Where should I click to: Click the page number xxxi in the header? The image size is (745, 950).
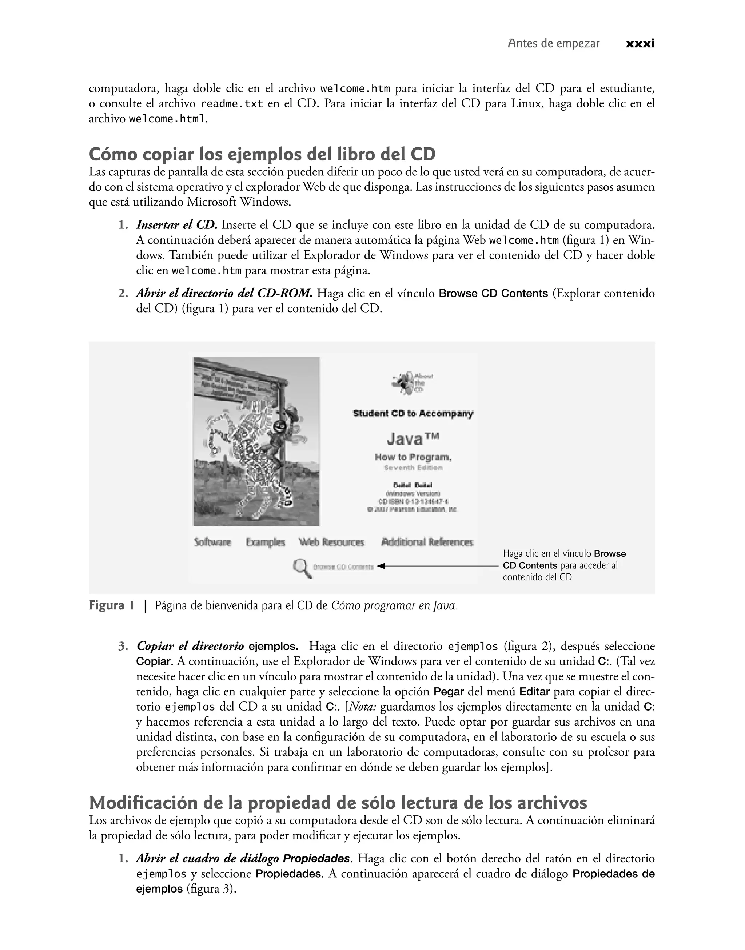point(640,44)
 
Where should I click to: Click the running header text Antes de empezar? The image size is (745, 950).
point(554,44)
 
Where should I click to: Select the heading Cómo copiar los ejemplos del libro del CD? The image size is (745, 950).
point(262,154)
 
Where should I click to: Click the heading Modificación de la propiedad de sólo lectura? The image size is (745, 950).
point(338,803)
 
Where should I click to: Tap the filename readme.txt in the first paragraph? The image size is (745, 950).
point(232,104)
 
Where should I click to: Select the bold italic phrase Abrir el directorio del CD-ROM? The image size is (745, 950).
point(224,293)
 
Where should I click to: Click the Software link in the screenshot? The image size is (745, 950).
point(212,542)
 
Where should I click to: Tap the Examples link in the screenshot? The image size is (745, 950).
point(265,542)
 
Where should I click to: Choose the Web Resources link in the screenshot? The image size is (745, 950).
point(331,542)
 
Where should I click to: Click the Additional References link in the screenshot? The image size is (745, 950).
point(427,542)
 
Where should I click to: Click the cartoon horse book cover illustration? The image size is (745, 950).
point(256,441)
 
